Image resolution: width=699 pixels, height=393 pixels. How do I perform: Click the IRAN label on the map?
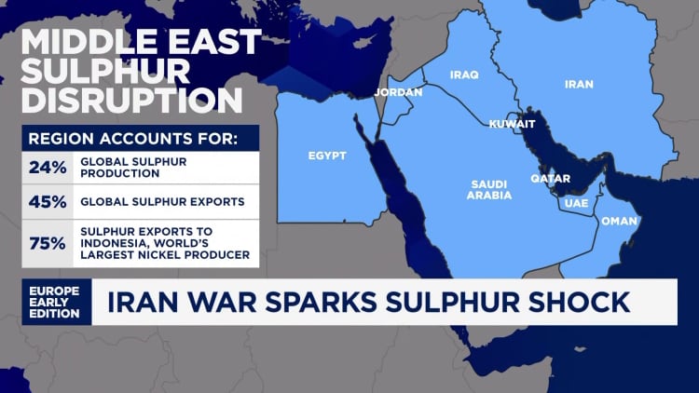[580, 84]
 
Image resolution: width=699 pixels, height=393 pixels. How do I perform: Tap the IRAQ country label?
[464, 75]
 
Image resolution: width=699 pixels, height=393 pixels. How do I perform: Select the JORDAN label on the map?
[399, 92]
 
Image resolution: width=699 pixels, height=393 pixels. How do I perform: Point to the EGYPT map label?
[327, 156]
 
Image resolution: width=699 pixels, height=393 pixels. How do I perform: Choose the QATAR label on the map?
[551, 178]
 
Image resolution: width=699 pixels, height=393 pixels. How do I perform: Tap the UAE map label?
[576, 202]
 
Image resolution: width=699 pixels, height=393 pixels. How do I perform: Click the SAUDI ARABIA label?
[490, 190]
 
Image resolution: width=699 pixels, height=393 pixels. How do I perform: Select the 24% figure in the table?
[47, 168]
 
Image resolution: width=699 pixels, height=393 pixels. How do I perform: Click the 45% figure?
[47, 201]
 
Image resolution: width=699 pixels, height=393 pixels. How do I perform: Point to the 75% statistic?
[47, 243]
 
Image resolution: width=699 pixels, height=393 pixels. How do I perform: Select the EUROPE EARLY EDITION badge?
[55, 303]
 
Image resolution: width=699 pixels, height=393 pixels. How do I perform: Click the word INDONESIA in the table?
[119, 243]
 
